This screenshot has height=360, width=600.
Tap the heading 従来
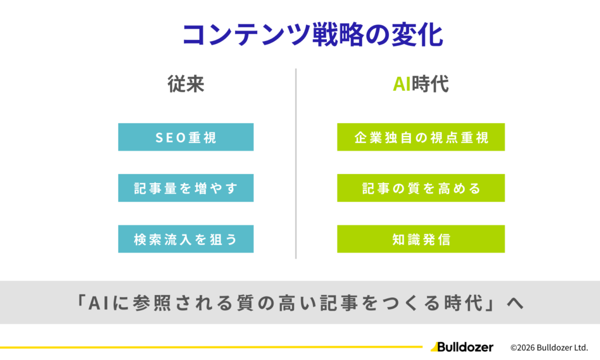(186, 84)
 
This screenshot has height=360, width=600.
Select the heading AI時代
(421, 84)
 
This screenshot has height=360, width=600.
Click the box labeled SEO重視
(186, 137)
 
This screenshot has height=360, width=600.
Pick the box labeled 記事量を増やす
(186, 188)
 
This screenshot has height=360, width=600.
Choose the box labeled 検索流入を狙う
(186, 239)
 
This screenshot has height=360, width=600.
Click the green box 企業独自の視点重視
(421, 137)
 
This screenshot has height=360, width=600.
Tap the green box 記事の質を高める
(421, 188)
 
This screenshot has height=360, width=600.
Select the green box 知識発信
(421, 239)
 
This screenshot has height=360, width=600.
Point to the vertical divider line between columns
(296, 164)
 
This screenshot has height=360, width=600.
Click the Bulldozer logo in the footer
(462, 347)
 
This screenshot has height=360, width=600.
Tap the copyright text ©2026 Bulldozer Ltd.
(549, 347)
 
